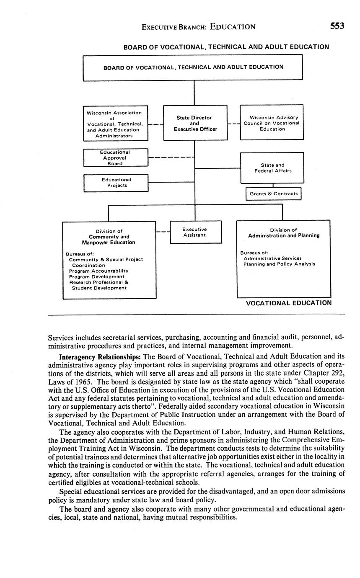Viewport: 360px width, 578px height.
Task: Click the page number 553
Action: coord(337,26)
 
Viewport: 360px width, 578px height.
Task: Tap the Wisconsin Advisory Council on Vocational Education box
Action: coord(272,123)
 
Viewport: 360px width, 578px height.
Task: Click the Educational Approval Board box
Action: coord(116,157)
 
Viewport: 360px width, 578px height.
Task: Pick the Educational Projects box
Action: coord(116,183)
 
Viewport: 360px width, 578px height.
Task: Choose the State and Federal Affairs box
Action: coord(272,168)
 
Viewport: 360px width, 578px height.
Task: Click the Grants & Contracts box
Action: coord(273,194)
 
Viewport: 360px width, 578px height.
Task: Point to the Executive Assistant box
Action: coord(195,232)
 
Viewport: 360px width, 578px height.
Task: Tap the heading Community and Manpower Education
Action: coord(109,240)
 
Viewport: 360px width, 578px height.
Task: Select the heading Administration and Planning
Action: coord(283,235)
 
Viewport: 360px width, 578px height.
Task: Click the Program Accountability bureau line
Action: coord(99,271)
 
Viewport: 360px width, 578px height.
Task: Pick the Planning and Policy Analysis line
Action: coord(279,264)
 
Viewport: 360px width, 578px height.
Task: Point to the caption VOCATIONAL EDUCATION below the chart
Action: coord(288,303)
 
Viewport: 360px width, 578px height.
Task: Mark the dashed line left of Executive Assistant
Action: coord(163,231)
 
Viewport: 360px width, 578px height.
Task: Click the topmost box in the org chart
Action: coord(193,67)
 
